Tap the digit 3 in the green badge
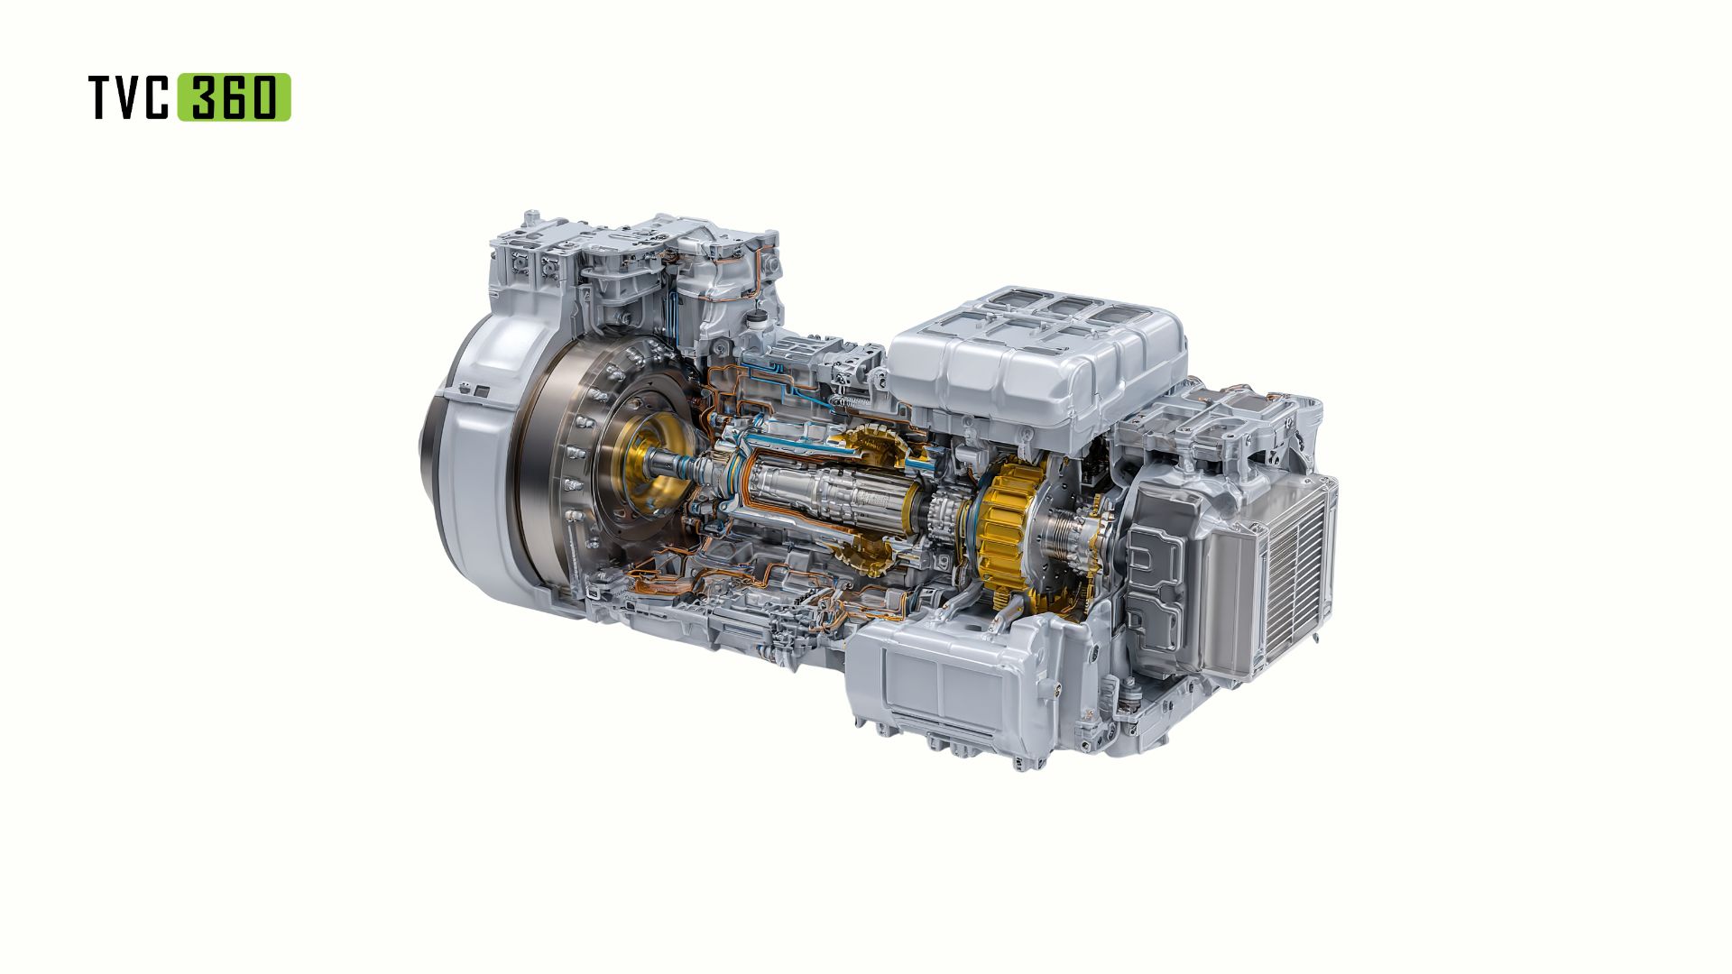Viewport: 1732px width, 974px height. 200,97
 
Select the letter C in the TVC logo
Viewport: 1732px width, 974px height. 155,97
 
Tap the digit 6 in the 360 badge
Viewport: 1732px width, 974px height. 232,97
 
